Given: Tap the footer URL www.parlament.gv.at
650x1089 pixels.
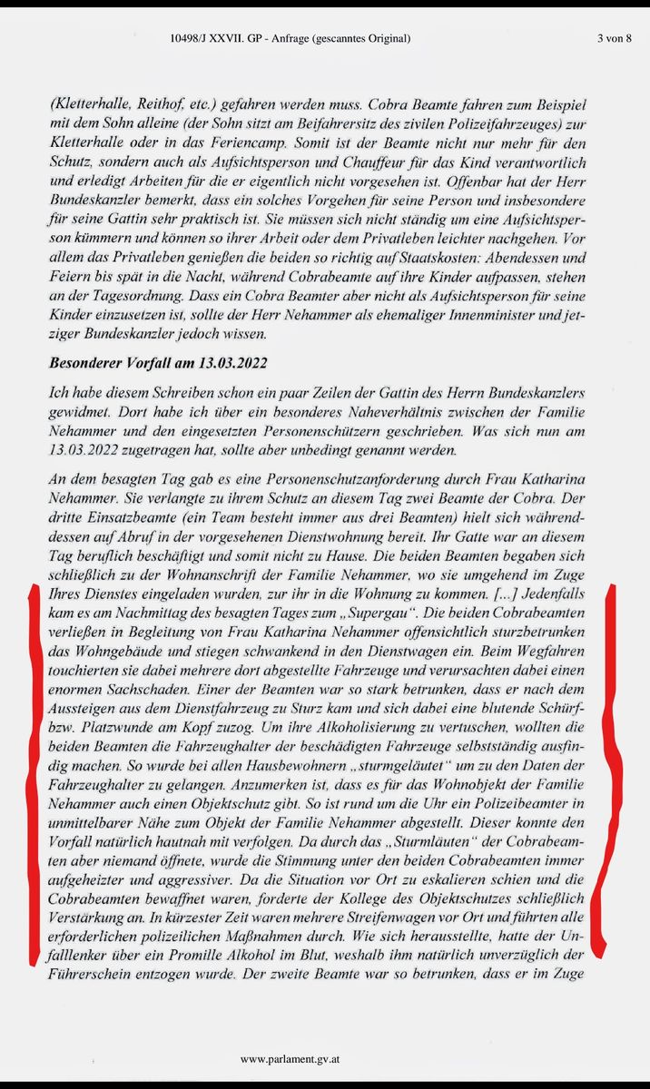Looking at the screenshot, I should [x=291, y=1059].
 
